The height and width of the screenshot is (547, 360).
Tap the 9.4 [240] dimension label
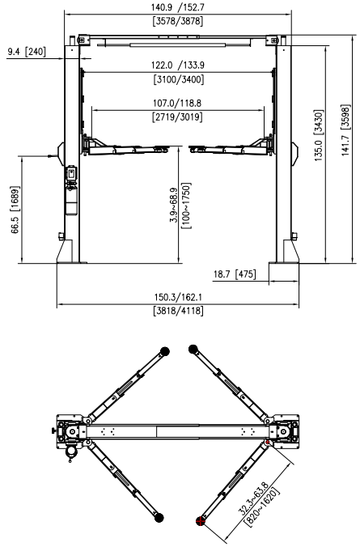[27, 52]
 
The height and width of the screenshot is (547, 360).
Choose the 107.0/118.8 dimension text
[176, 104]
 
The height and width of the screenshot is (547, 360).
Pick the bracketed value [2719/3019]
[176, 117]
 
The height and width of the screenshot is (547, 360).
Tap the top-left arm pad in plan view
[165, 350]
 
